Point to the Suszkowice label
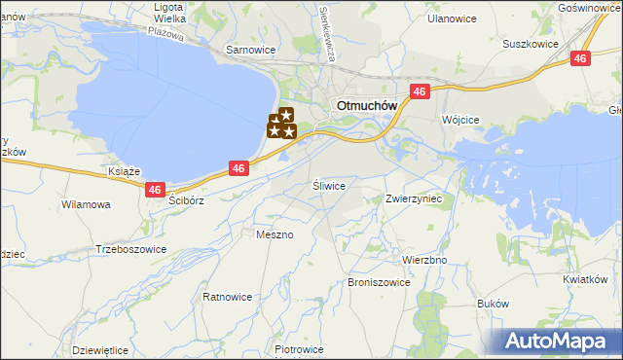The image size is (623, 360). point(530,44)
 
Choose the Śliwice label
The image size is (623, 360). point(329,184)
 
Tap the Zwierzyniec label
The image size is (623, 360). point(414,198)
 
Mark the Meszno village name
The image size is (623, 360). point(274,234)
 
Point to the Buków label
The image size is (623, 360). point(494,304)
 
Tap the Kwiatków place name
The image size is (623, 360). point(584,279)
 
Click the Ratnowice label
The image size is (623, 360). point(228,296)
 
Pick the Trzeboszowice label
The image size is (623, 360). point(130,249)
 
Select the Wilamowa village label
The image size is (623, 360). point(86,205)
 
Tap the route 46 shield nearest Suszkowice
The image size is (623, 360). point(580,59)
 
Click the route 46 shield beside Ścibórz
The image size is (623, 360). point(155,191)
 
